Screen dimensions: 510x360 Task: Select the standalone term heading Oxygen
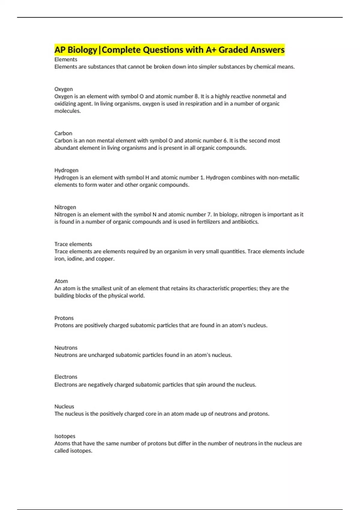(63, 89)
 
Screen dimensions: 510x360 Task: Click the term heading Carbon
(63, 133)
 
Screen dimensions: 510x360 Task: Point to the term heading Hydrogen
(66, 170)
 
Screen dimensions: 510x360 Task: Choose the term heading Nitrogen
(65, 207)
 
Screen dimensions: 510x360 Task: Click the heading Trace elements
(73, 244)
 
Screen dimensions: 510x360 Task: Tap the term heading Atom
(61, 281)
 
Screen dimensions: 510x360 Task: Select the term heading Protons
(64, 318)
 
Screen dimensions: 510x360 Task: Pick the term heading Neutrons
(66, 348)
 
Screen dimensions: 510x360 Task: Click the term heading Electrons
(66, 377)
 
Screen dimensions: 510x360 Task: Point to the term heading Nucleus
(64, 406)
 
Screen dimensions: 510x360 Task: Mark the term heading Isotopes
(64, 436)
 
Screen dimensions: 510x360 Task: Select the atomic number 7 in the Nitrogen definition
(209, 214)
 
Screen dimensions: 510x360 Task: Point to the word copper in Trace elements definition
(105, 259)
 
